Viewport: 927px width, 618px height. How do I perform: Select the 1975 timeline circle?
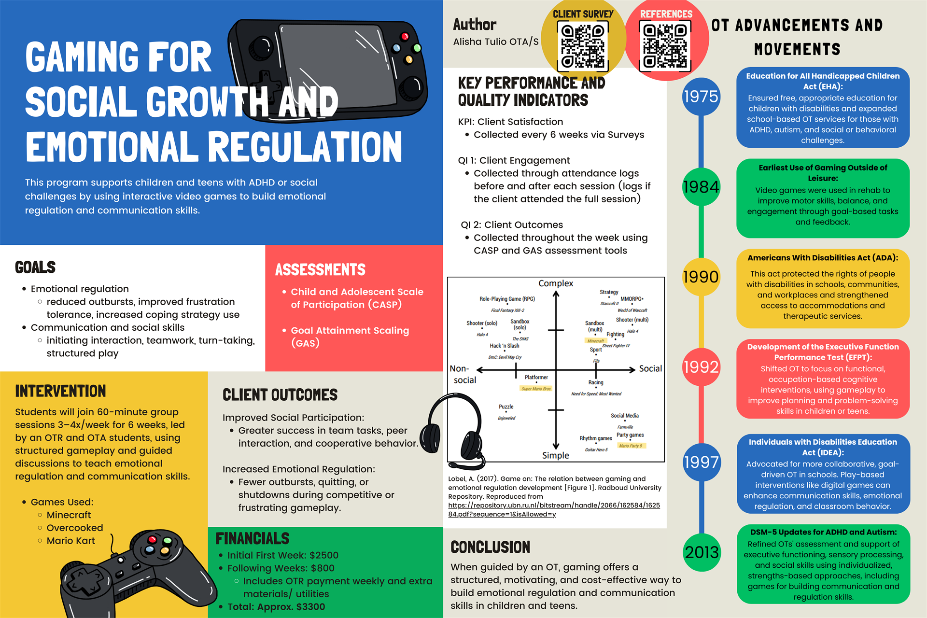coord(701,97)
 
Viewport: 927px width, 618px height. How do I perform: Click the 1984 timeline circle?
coord(701,187)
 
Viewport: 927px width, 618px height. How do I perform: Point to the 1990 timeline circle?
coord(701,277)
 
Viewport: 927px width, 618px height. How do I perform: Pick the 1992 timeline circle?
coord(701,367)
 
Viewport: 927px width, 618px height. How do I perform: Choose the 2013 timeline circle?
coord(702,552)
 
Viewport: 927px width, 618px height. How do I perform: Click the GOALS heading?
coord(35,267)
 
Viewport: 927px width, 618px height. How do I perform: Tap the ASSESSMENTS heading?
coord(320,270)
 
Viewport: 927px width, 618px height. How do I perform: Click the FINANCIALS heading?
coord(253,538)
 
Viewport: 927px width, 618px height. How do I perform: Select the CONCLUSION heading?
coord(490,547)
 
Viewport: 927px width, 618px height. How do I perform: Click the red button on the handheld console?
coord(405,36)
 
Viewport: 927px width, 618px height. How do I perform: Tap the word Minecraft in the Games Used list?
coord(69,515)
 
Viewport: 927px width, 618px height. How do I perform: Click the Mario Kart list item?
coord(70,541)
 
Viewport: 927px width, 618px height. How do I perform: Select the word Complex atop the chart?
coord(556,283)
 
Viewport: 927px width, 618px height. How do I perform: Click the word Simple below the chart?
coord(556,455)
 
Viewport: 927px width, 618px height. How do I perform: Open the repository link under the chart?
coord(554,506)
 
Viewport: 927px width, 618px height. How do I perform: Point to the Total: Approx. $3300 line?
coord(276,607)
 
